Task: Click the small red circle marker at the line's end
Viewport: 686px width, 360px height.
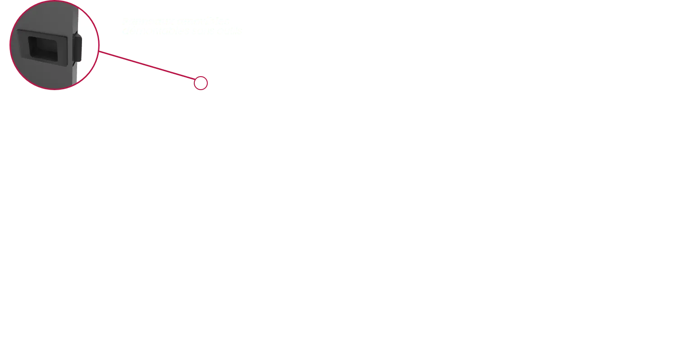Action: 201,83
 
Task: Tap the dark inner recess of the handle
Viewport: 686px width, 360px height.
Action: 42,46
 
